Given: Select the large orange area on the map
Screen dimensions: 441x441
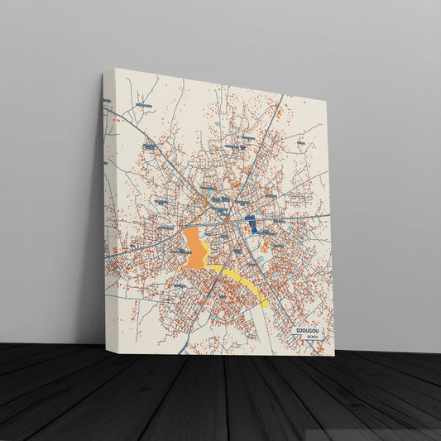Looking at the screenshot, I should [x=194, y=248].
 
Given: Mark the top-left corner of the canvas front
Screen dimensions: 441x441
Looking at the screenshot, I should [x=114, y=69].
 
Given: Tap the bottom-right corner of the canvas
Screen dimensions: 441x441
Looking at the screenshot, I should [x=335, y=356].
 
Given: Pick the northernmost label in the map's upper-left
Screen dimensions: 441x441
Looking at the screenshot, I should [x=144, y=106].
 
